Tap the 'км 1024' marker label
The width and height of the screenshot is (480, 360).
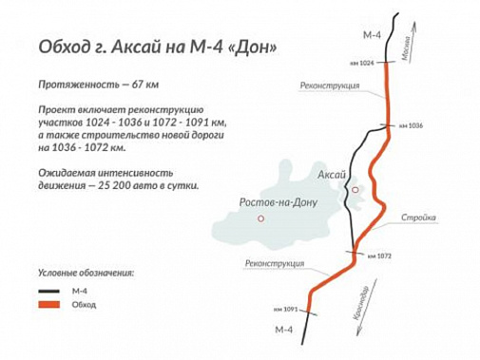click(361, 63)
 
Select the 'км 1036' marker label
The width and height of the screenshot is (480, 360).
click(410, 125)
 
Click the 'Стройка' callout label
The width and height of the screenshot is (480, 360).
click(419, 218)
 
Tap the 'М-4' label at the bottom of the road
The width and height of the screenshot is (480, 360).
click(284, 330)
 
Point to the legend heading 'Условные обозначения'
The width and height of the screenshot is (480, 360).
click(86, 273)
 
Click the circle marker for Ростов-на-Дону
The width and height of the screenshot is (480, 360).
click(260, 218)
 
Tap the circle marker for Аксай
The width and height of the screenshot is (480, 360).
click(355, 190)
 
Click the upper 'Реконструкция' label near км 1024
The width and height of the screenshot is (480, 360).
click(330, 85)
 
